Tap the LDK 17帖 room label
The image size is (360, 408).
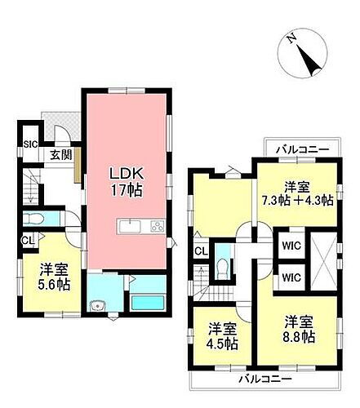[127, 180]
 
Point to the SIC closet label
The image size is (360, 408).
[30, 144]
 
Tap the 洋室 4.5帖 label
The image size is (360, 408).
[223, 336]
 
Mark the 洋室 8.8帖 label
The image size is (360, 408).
[300, 329]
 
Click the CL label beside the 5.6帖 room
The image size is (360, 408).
[27, 240]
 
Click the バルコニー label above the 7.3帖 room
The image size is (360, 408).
[301, 150]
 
